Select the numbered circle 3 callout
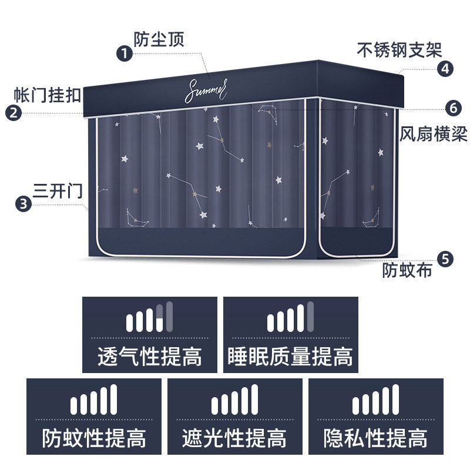23,204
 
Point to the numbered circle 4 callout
446,69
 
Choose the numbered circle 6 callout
452,108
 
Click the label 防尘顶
159,39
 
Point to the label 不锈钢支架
399,49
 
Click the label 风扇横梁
434,133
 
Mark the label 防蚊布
408,271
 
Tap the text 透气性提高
150,357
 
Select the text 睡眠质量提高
291,357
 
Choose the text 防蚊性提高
94,438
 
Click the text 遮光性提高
235,438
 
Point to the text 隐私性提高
376,438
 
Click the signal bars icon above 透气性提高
150,318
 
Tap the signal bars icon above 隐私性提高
376,401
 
